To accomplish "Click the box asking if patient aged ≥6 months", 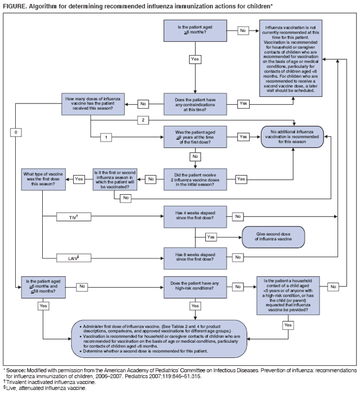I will (195, 30).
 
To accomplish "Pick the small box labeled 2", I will (143, 120).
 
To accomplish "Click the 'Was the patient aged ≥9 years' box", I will (195, 136).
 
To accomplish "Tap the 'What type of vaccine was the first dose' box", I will (43, 178).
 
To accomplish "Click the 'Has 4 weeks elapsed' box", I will (195, 216).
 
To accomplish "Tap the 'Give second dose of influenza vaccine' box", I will (273, 236).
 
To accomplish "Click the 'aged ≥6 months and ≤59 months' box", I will (43, 286).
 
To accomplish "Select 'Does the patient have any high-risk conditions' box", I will (195, 286).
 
